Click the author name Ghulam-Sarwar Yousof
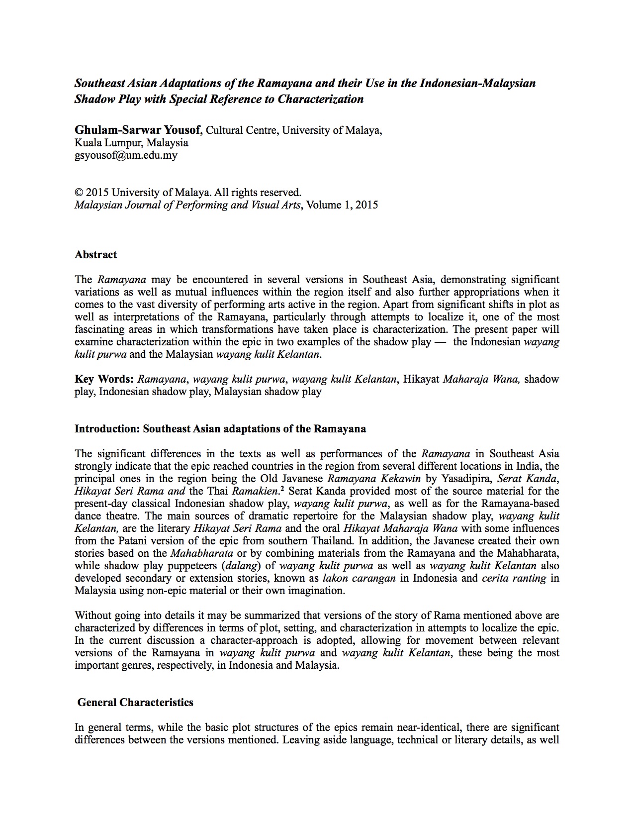point(138,130)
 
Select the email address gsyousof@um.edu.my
point(126,155)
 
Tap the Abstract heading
point(95,255)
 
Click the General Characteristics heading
point(135,703)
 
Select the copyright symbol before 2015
point(78,193)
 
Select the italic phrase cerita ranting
point(514,578)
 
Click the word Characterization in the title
point(321,99)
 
